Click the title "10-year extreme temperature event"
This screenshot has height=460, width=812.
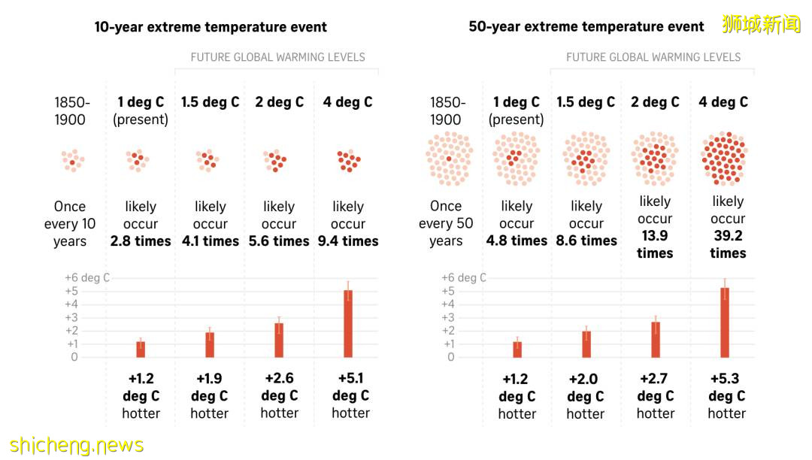pyautogui.click(x=211, y=27)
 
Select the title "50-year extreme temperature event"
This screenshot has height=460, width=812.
pyautogui.click(x=586, y=27)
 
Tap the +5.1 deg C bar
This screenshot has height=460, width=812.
pyautogui.click(x=348, y=323)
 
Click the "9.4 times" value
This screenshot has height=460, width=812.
pyautogui.click(x=348, y=241)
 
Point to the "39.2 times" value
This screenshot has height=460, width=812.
pyautogui.click(x=728, y=244)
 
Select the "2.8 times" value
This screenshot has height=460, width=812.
pyautogui.click(x=141, y=241)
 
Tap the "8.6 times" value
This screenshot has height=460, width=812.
pyautogui.click(x=586, y=241)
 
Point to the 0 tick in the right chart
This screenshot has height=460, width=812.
pyautogui.click(x=451, y=357)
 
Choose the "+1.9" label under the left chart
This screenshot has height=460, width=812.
pyautogui.click(x=209, y=379)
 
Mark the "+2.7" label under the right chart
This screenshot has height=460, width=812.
pyautogui.click(x=655, y=379)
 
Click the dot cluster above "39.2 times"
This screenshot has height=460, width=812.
pyautogui.click(x=724, y=159)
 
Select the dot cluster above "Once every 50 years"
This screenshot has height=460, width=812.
pyautogui.click(x=449, y=159)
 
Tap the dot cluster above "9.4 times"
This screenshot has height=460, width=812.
pyautogui.click(x=348, y=160)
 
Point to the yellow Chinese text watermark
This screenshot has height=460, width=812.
pyautogui.click(x=761, y=24)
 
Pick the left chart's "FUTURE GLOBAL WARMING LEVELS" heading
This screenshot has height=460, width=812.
pyautogui.click(x=277, y=57)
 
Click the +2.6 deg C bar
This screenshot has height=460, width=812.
pyautogui.click(x=279, y=340)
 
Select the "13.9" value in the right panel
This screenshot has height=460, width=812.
pyautogui.click(x=655, y=236)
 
